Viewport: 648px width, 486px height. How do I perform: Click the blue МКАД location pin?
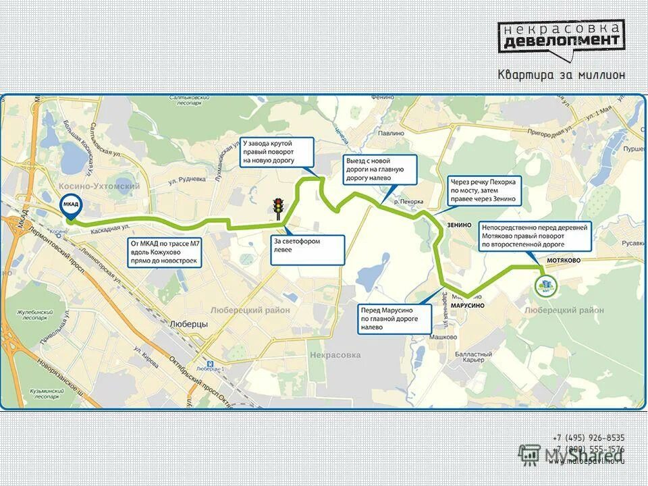click(x=71, y=205)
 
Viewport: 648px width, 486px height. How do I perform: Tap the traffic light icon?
click(x=277, y=207)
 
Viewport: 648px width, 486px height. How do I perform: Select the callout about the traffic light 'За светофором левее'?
click(x=308, y=249)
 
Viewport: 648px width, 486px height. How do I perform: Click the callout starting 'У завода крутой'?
click(x=277, y=153)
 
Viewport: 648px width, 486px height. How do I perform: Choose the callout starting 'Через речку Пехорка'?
click(x=484, y=190)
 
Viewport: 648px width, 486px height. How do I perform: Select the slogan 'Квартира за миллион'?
click(x=561, y=75)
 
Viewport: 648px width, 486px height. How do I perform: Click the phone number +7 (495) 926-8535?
click(x=589, y=438)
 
